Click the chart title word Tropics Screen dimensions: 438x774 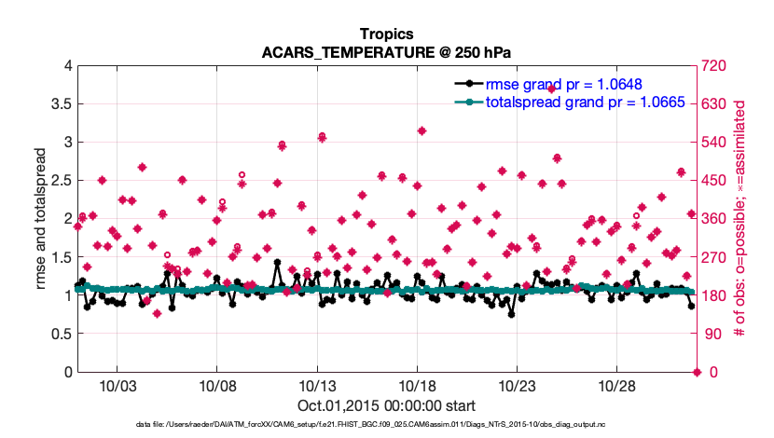pyautogui.click(x=386, y=34)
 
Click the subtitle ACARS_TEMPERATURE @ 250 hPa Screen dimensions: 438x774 pyautogui.click(x=386, y=52)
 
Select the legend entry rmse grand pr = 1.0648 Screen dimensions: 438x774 pyautogui.click(x=562, y=84)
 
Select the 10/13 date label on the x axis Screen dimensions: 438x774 pyautogui.click(x=316, y=386)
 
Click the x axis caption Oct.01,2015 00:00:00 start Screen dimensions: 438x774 pyautogui.click(x=386, y=406)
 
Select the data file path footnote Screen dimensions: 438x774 pyautogui.click(x=386, y=425)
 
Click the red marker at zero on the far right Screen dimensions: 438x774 pyautogui.click(x=697, y=373)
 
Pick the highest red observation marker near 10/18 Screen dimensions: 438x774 pyautogui.click(x=422, y=130)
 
